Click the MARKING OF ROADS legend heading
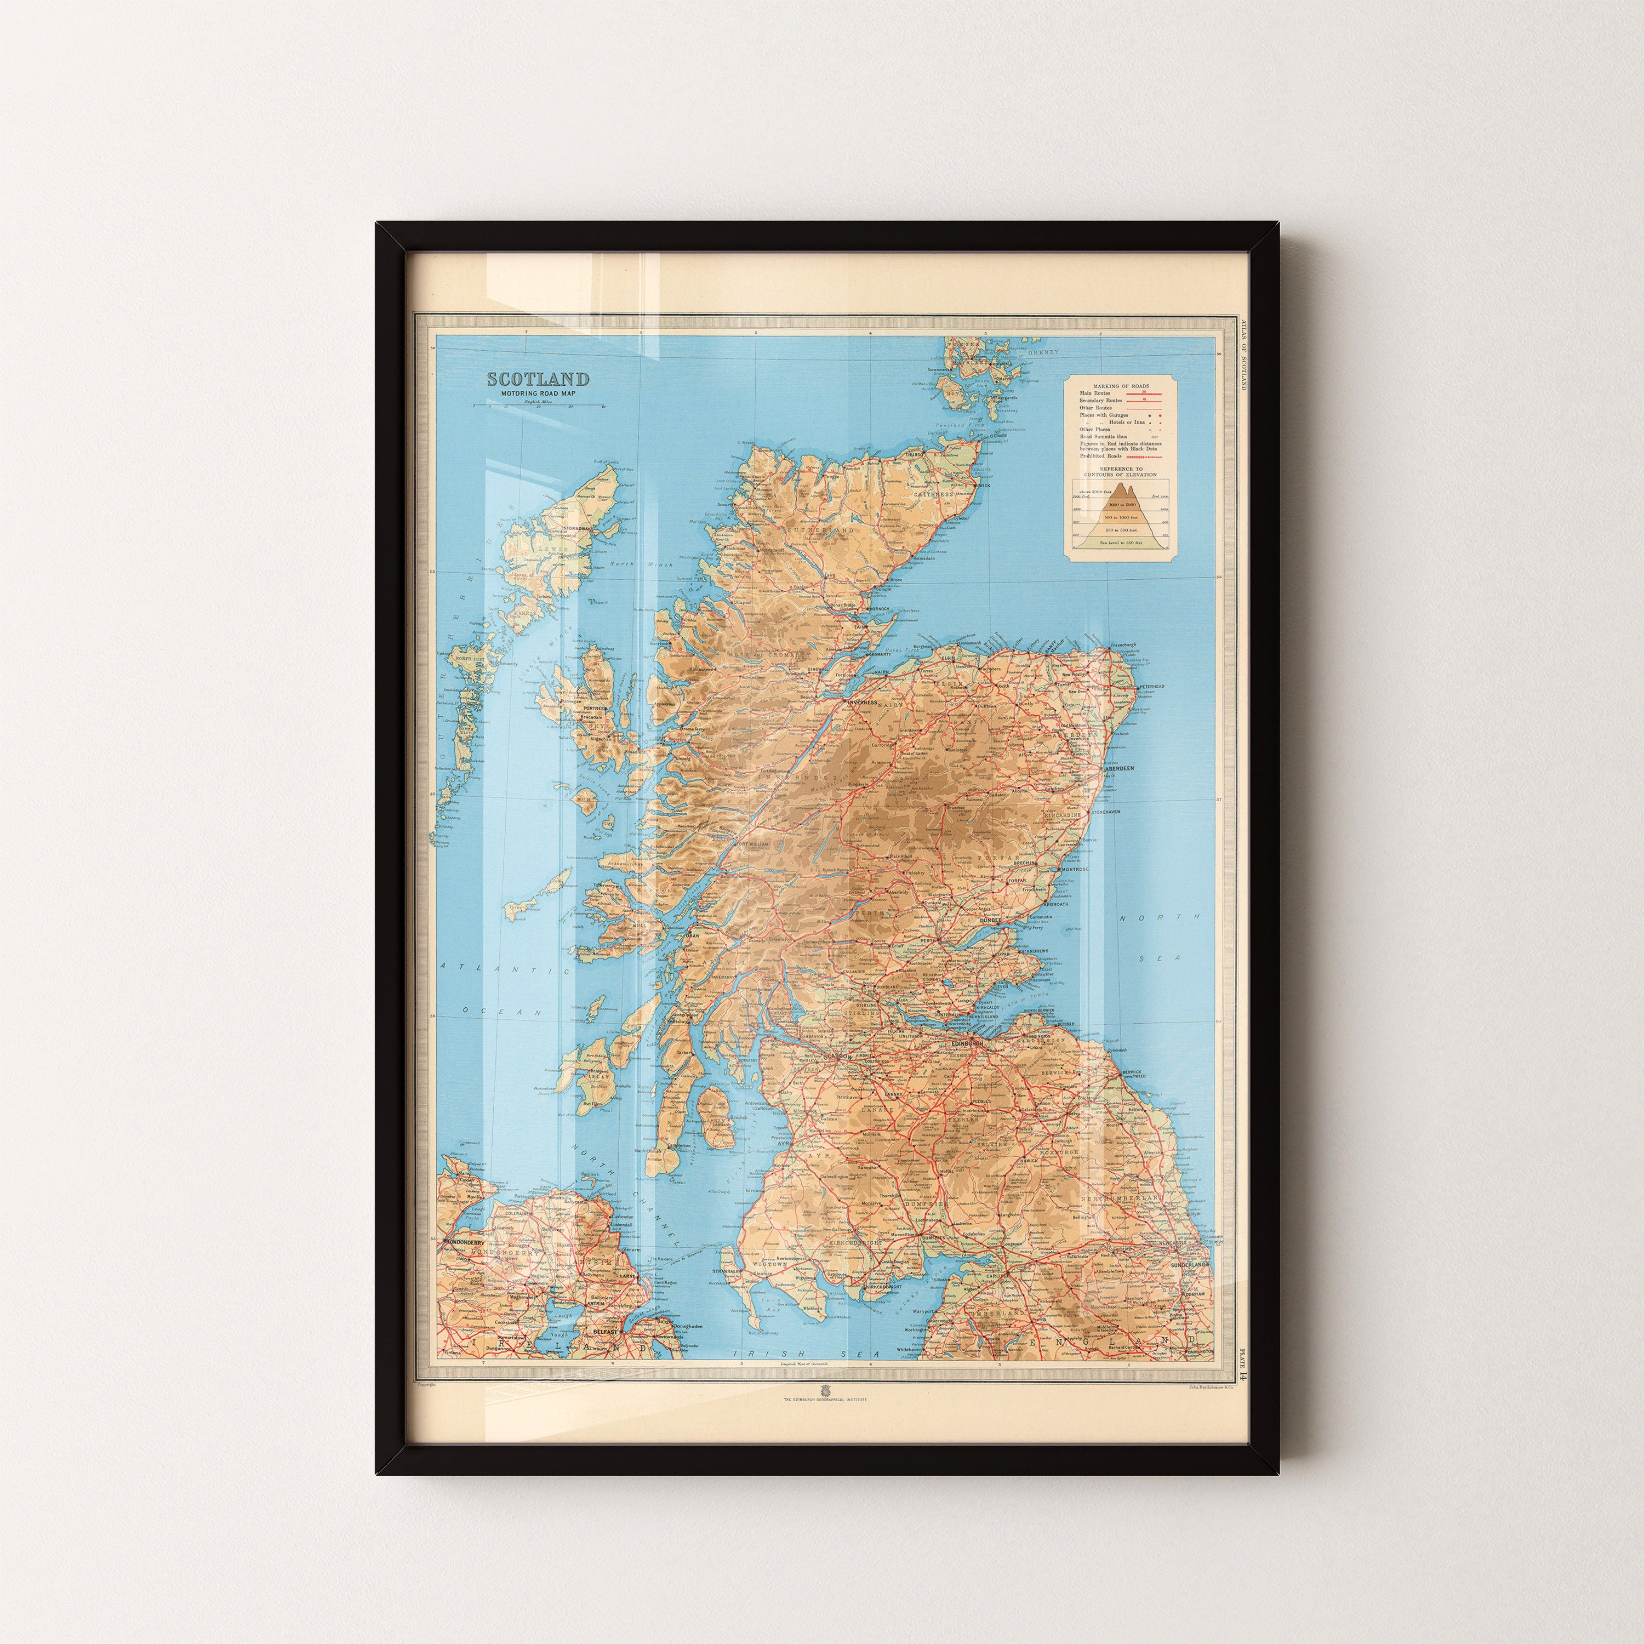coord(1120,385)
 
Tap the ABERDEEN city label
coord(1120,768)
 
